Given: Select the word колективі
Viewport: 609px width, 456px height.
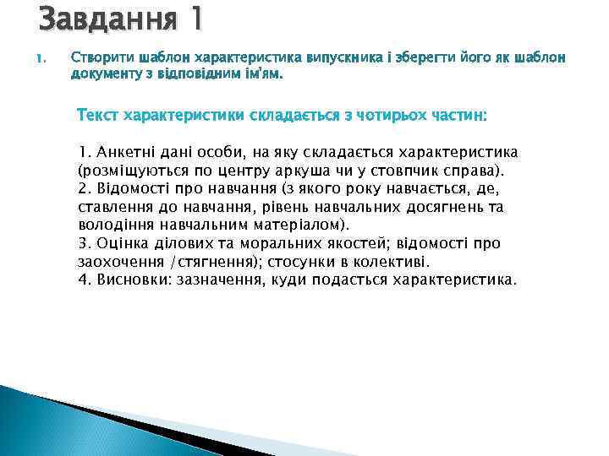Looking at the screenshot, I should click(x=394, y=263).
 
